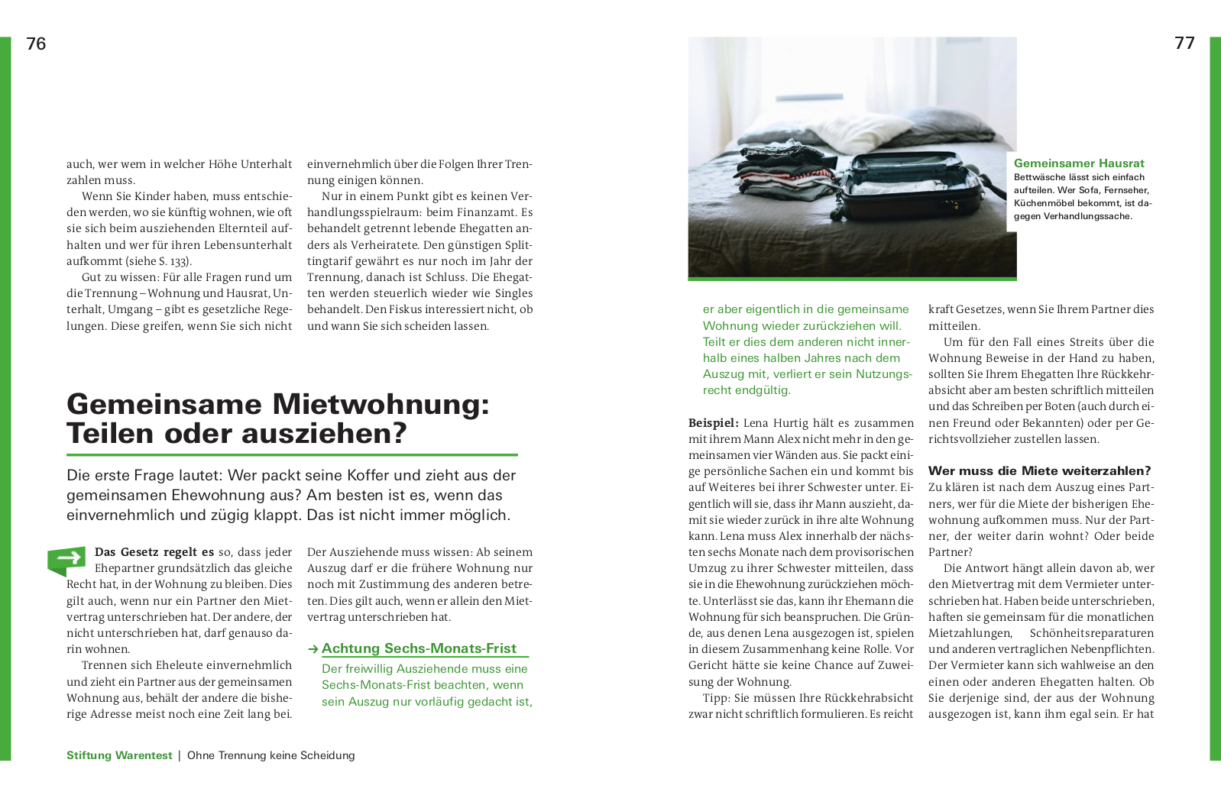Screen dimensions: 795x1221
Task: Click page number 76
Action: click(36, 44)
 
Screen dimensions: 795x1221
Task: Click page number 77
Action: click(1184, 43)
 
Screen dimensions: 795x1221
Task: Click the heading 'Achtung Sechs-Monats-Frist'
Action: click(419, 648)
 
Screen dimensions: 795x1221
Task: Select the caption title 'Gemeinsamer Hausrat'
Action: click(1078, 163)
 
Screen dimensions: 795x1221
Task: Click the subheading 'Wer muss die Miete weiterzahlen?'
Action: click(1039, 470)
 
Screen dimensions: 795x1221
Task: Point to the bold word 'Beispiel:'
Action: click(713, 423)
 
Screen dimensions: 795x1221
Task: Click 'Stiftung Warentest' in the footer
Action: click(119, 755)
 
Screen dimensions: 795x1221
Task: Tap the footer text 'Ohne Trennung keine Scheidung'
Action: click(270, 755)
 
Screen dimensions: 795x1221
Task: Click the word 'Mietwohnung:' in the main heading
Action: click(381, 404)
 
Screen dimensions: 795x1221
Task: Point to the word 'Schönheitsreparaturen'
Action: click(1091, 633)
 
